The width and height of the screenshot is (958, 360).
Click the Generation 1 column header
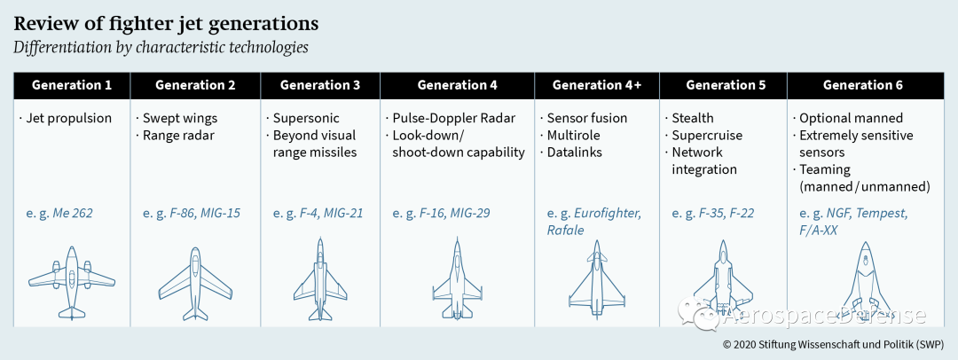72,85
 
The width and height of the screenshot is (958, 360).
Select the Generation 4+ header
597,85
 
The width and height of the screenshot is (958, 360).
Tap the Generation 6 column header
862,85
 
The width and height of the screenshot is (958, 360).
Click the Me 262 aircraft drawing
72,283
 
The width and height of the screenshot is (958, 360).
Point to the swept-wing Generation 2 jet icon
195,285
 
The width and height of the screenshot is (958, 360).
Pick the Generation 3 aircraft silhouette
320,280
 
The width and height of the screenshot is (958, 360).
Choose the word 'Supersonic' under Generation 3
305,118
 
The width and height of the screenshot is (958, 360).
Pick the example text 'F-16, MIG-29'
455,214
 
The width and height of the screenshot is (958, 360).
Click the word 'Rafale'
565,231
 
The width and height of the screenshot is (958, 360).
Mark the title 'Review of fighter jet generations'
166,24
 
